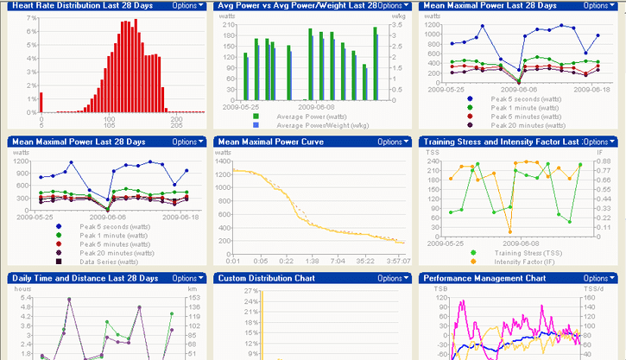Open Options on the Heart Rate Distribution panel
pyautogui.click(x=188, y=5)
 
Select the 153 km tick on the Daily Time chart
pyautogui.click(x=195, y=298)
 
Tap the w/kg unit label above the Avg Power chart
pyautogui.click(x=399, y=16)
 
